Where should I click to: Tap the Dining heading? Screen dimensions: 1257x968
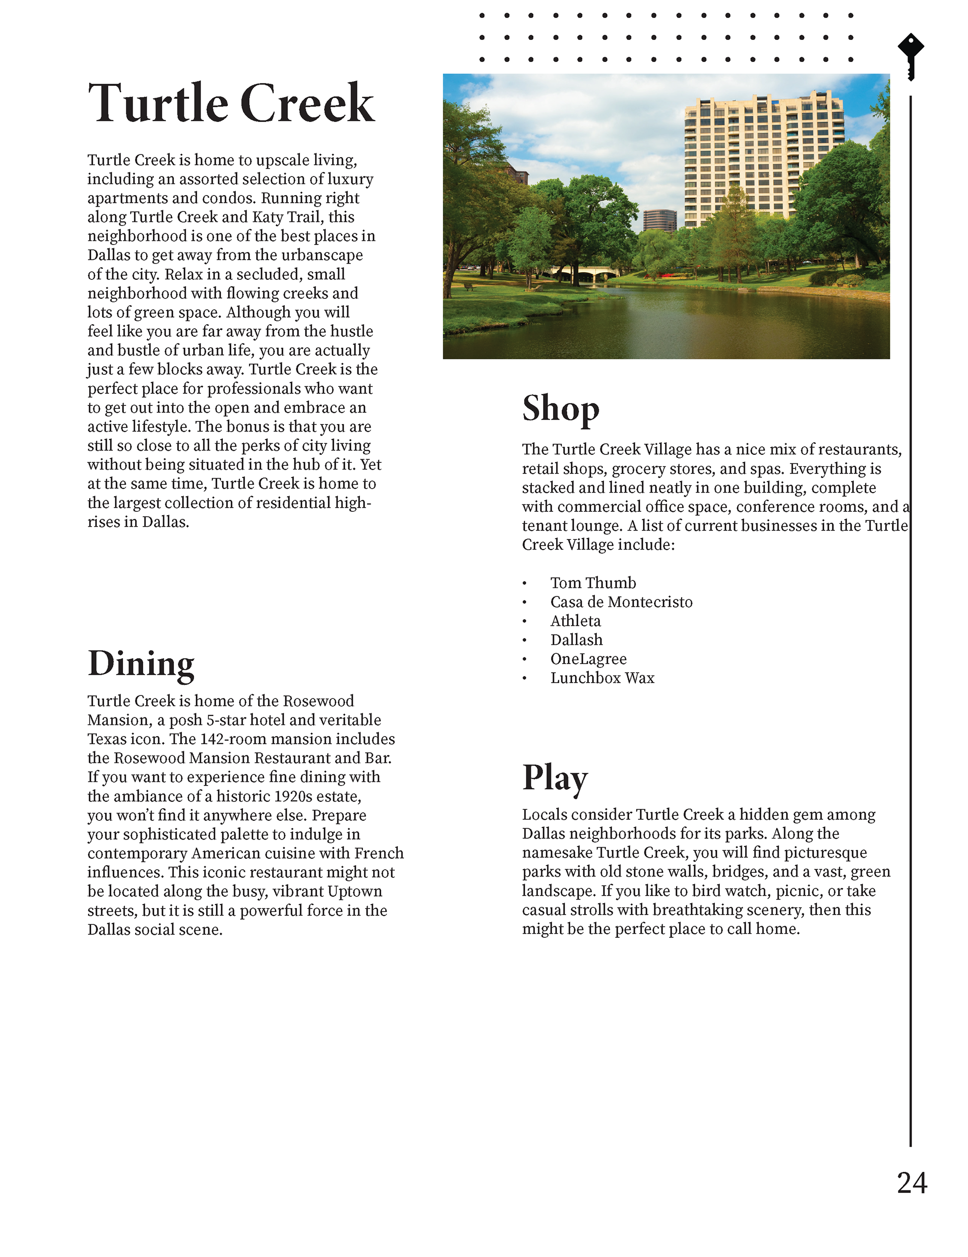tap(141, 664)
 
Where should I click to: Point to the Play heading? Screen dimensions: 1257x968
tap(554, 778)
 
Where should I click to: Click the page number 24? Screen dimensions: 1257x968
tap(912, 1183)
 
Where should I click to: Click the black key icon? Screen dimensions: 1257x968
tap(911, 56)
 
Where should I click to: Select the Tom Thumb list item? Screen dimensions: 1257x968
tap(593, 583)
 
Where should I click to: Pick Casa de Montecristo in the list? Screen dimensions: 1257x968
tap(621, 602)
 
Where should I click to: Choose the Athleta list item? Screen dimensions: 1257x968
tap(575, 621)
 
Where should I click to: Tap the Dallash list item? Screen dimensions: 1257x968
tap(576, 640)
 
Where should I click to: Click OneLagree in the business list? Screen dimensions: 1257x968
tap(588, 659)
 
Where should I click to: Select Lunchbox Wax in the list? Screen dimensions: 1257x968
tap(602, 678)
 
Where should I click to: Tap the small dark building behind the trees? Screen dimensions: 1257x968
tap(659, 219)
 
